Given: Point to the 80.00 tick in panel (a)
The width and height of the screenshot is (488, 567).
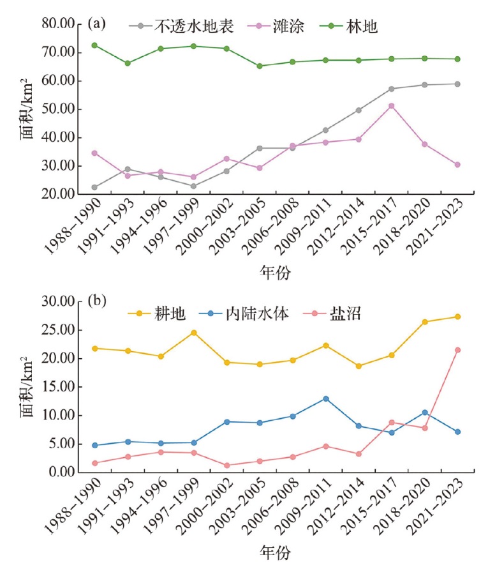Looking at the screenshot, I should pyautogui.click(x=66, y=24).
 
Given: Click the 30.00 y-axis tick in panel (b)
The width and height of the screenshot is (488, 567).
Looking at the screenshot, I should pyautogui.click(x=66, y=302).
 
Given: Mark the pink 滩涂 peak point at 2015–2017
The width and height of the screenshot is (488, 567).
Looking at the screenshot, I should pyautogui.click(x=392, y=106).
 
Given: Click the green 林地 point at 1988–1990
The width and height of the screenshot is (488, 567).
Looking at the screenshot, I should pyautogui.click(x=94, y=45).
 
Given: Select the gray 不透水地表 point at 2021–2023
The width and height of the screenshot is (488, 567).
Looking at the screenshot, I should pyautogui.click(x=457, y=84).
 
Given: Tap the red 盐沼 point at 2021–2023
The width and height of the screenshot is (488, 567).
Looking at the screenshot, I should pyautogui.click(x=457, y=350).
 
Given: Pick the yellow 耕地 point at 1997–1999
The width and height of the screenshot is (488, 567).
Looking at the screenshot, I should pyautogui.click(x=193, y=333).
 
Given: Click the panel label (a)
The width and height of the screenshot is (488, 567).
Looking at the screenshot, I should pyautogui.click(x=97, y=24).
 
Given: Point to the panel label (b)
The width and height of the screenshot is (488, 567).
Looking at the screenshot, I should pyautogui.click(x=97, y=301).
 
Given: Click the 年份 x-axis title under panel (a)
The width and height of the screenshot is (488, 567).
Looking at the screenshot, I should pyautogui.click(x=276, y=273).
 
